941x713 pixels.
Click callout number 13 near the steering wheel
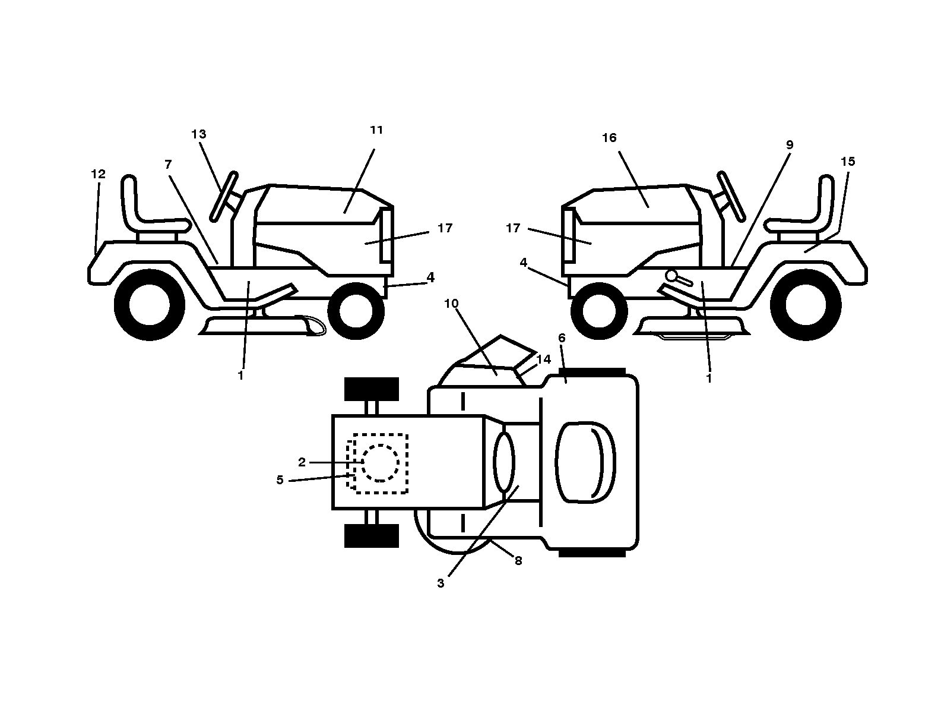(198, 134)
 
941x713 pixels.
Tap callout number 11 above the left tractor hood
(376, 130)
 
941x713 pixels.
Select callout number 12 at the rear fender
(98, 174)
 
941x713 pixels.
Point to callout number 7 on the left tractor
(168, 165)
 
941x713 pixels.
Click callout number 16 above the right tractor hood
(609, 138)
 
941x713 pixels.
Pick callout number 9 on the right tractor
(790, 145)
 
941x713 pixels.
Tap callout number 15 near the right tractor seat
(848, 162)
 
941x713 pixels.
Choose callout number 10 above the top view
(451, 304)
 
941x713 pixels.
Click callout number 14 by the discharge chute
(544, 359)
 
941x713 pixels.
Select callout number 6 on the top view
(562, 338)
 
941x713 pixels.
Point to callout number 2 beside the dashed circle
(302, 462)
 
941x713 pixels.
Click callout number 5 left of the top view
(280, 480)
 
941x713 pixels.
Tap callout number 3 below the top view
(441, 583)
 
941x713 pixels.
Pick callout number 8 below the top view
(518, 561)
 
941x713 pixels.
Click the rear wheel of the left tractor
(150, 305)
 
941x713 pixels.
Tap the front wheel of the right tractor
(599, 311)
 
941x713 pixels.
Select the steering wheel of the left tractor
(223, 197)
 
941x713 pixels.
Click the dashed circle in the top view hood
(380, 463)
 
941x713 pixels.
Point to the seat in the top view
(585, 462)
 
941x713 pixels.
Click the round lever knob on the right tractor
(671, 275)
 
